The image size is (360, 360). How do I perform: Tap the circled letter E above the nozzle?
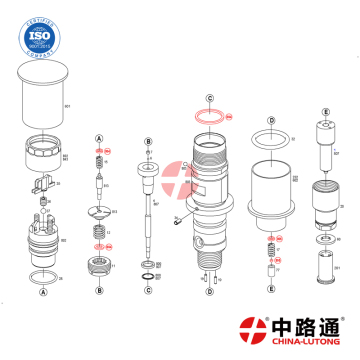pos(325,112)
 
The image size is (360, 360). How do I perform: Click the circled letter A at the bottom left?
pos(42,292)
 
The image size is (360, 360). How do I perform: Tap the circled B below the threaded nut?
pos(100,292)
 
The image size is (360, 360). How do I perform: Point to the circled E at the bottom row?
pos(271,289)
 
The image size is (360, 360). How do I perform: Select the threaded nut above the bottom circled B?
pos(100,266)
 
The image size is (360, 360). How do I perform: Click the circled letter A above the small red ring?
pos(99,136)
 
